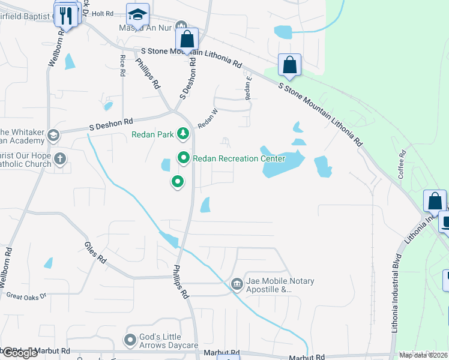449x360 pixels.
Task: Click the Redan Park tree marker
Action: [x=184, y=134]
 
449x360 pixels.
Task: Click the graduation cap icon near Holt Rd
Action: [x=137, y=14]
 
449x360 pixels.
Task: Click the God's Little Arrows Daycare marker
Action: [x=130, y=340]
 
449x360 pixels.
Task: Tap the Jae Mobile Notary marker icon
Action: [x=237, y=283]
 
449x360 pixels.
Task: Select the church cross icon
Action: [x=59, y=158]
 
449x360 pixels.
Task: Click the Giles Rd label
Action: [x=95, y=253]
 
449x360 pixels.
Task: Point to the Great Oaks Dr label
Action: [x=26, y=295]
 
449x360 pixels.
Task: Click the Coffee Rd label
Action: [x=402, y=168]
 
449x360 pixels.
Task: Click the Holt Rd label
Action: [x=103, y=13]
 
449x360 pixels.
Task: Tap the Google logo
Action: [x=20, y=353]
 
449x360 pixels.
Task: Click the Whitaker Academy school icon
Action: [x=53, y=135]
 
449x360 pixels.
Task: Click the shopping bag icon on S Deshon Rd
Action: [x=187, y=39]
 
